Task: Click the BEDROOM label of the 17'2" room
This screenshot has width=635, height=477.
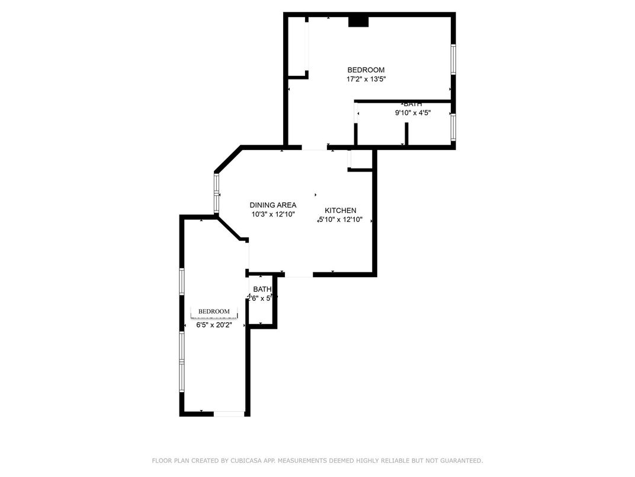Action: [x=365, y=70]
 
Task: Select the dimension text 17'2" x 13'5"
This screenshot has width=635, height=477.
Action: [x=366, y=79]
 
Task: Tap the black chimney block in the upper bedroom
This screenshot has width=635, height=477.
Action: [x=358, y=22]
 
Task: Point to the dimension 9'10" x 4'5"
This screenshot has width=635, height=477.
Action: [x=413, y=113]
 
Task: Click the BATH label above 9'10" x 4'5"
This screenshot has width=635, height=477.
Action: [x=413, y=104]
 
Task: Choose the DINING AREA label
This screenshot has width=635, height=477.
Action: [x=272, y=205]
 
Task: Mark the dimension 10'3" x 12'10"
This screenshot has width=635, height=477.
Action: [x=272, y=214]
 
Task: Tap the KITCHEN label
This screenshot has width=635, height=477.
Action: [x=341, y=211]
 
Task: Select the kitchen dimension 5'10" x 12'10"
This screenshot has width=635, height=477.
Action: [x=341, y=220]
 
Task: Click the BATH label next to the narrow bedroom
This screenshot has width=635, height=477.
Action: [x=262, y=290]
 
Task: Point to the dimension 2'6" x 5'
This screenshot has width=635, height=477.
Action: [x=261, y=298]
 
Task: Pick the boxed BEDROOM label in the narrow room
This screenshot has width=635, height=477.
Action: [x=214, y=311]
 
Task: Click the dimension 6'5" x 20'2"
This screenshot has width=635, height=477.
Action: [x=214, y=325]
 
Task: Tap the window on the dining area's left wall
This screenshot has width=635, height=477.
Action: [x=217, y=193]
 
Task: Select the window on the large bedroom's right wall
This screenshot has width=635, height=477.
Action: [x=453, y=59]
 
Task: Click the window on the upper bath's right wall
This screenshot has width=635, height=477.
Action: [x=453, y=126]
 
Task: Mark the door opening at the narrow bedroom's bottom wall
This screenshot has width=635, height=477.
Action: [x=229, y=414]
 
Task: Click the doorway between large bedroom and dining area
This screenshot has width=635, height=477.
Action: [x=314, y=147]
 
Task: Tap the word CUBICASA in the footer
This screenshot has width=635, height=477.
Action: [x=243, y=460]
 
